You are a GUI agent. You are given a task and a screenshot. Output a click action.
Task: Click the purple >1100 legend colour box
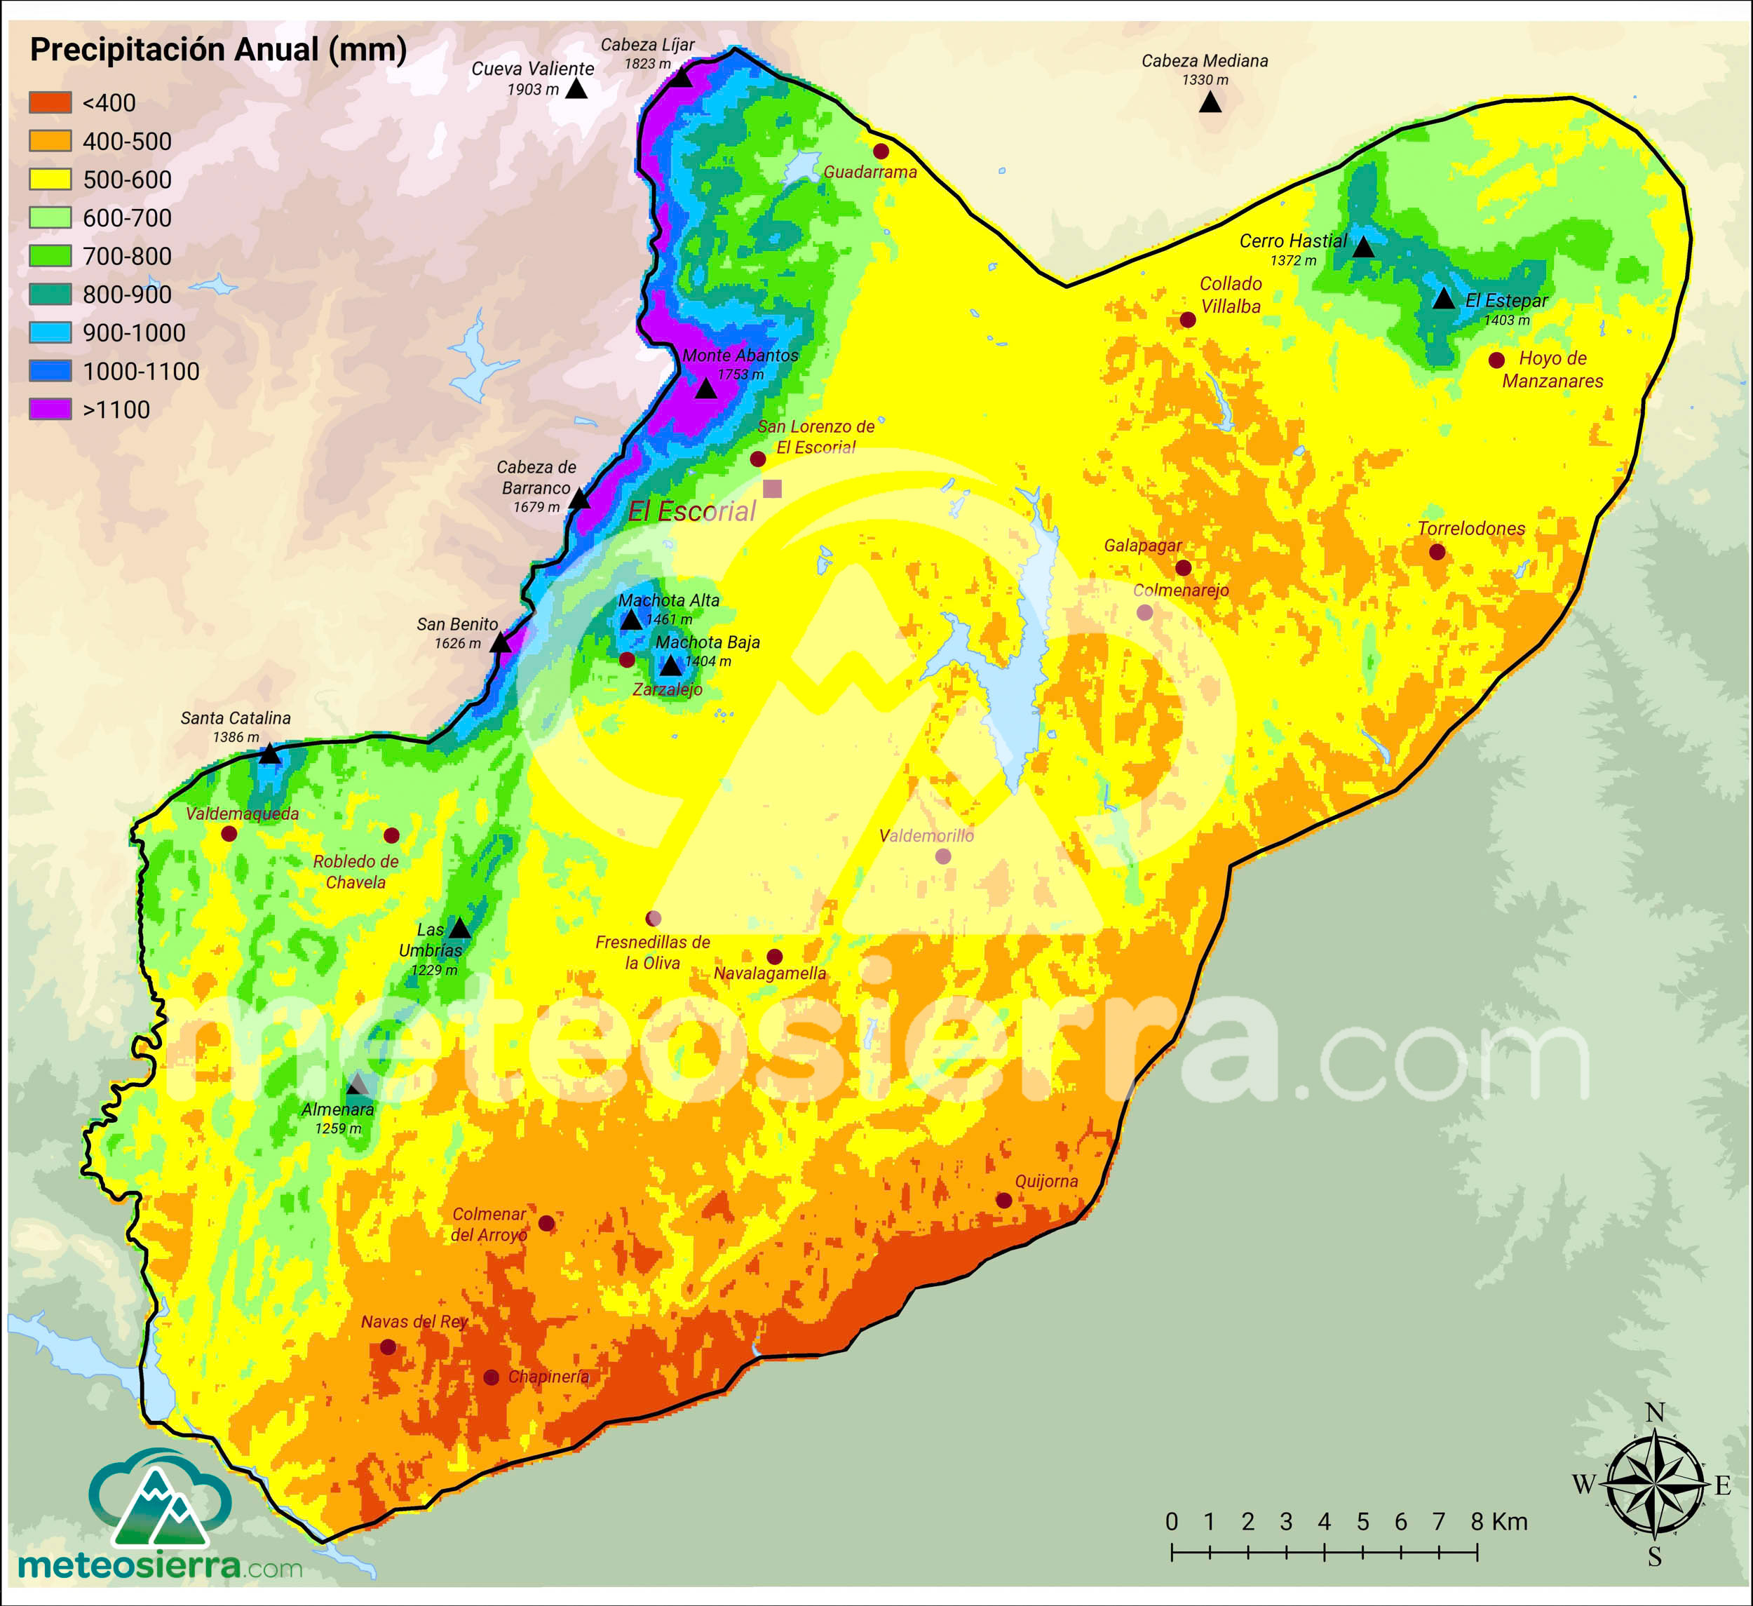point(50,410)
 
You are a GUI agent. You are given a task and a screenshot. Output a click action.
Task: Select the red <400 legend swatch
point(50,102)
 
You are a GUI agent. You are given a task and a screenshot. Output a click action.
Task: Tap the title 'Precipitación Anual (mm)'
point(218,50)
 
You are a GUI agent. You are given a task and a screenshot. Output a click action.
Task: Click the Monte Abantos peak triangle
point(706,389)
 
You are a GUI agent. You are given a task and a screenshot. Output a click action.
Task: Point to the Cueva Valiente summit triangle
point(576,88)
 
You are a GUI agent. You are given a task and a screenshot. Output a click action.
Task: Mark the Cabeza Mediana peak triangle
point(1210,102)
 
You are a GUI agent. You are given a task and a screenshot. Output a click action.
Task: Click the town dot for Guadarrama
point(881,151)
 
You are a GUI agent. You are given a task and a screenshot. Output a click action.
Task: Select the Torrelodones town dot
point(1437,552)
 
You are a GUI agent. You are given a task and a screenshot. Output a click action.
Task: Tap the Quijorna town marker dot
point(1003,1200)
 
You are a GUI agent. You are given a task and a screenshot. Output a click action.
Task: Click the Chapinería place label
point(548,1377)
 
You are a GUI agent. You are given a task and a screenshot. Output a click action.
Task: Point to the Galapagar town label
point(1142,545)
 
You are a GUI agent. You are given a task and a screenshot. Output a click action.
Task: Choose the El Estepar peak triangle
point(1444,299)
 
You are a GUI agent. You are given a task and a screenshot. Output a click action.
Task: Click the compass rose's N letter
point(1655,1413)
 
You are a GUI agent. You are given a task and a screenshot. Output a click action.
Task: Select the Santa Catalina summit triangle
point(269,754)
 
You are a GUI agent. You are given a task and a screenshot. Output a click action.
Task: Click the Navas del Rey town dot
point(388,1347)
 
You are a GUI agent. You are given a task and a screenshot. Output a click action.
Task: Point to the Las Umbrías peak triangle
point(459,929)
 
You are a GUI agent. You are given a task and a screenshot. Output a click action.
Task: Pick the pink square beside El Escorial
point(772,489)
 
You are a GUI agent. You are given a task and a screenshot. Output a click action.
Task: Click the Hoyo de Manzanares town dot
point(1496,360)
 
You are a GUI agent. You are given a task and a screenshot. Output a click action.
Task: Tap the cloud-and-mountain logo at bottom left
point(160,1498)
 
